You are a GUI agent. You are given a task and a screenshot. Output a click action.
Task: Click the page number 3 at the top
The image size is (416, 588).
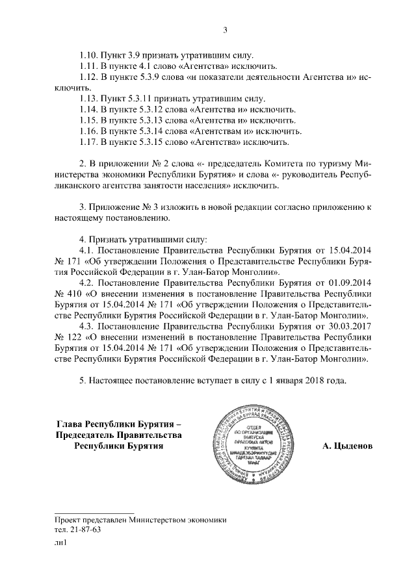pyautogui.click(x=224, y=30)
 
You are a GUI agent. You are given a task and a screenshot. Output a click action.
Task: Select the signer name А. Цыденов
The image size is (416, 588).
pyautogui.click(x=348, y=447)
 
